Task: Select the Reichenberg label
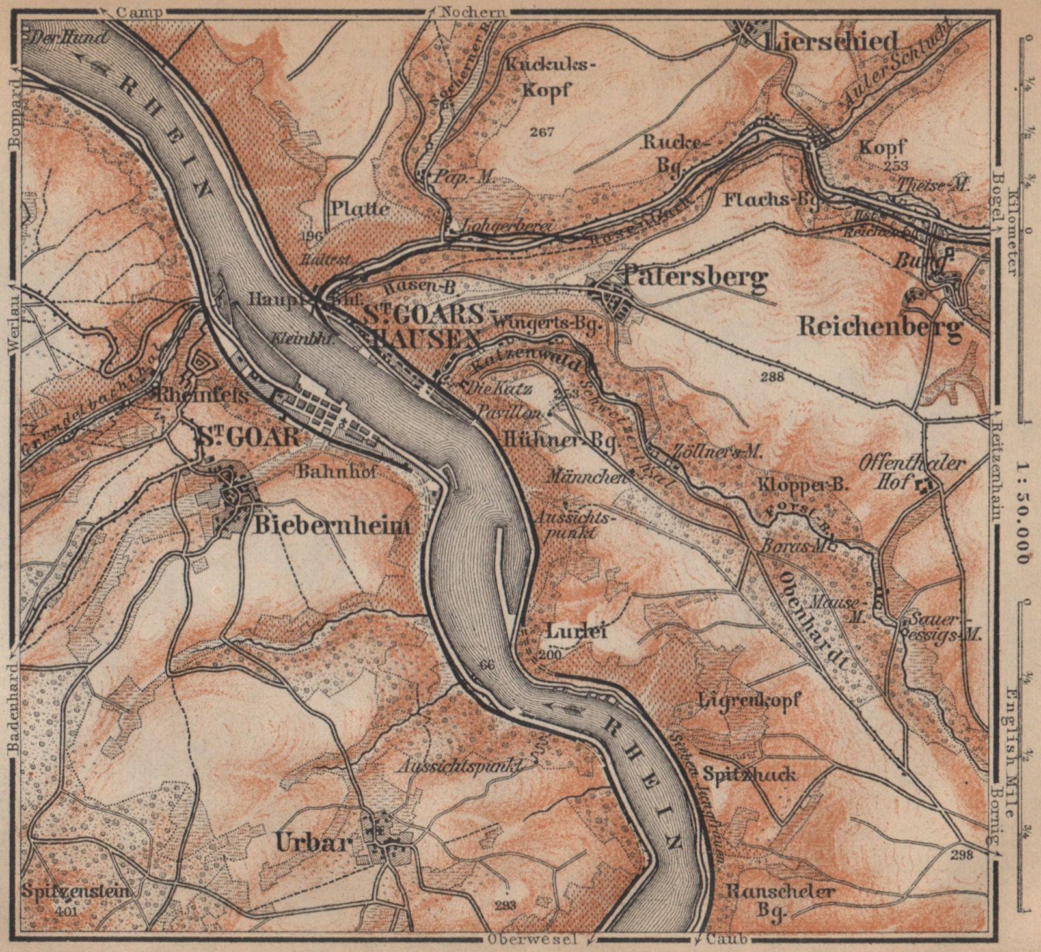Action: click(x=880, y=327)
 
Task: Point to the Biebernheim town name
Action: click(x=332, y=526)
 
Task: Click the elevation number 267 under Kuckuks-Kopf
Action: click(x=541, y=132)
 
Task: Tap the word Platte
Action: click(x=360, y=208)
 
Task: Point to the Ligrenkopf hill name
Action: click(x=749, y=700)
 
